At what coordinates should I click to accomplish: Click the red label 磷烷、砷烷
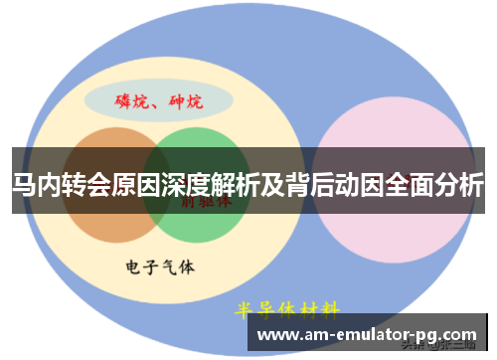point(158,101)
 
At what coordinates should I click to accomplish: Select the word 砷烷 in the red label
point(186,101)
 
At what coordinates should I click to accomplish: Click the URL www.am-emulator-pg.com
point(367,334)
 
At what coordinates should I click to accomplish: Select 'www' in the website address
point(274,335)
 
